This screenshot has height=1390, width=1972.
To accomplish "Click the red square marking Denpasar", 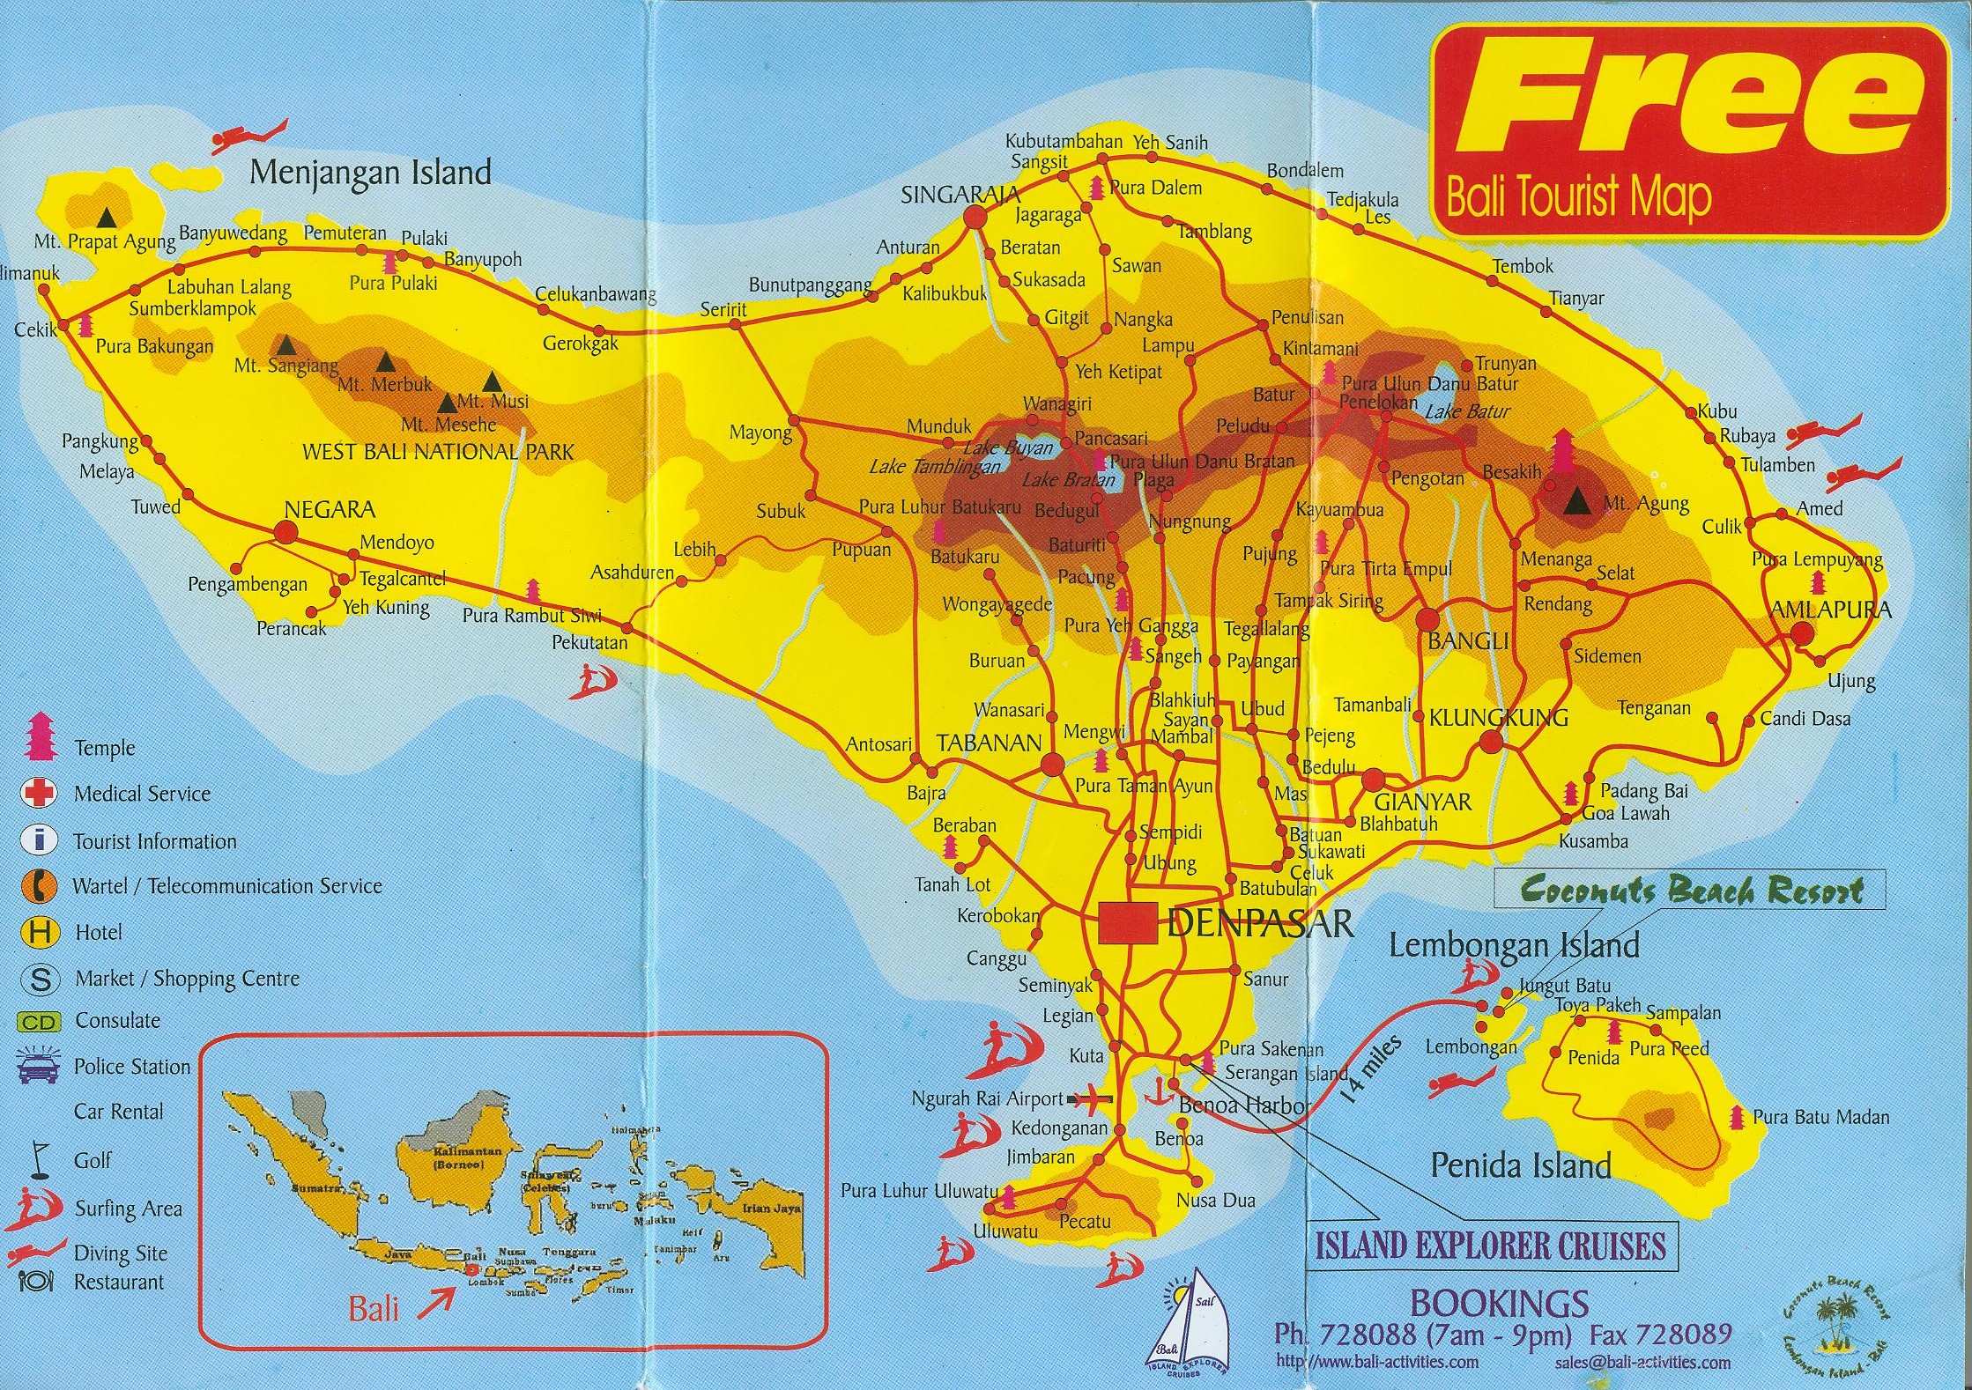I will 1127,923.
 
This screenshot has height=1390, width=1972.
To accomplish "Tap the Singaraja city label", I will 960,196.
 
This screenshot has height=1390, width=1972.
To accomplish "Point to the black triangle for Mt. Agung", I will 1577,504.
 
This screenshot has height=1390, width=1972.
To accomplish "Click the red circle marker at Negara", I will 285,531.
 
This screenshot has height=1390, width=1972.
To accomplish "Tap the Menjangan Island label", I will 370,172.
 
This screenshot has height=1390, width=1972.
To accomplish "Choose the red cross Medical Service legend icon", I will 38,794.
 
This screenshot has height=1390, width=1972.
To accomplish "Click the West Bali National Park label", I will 437,452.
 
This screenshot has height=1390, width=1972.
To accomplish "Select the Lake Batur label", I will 1466,410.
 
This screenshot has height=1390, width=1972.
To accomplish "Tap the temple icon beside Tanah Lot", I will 950,848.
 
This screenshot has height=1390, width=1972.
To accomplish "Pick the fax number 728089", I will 1660,1334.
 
